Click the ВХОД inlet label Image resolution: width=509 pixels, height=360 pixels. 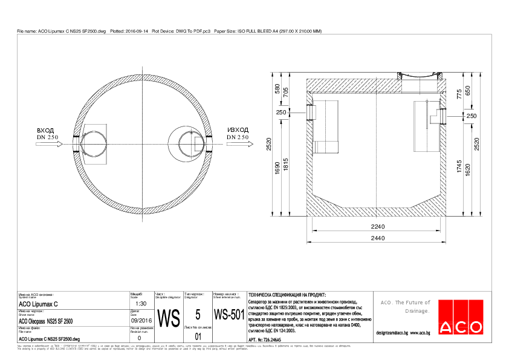coord(45,130)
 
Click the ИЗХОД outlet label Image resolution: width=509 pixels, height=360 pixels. coord(238,130)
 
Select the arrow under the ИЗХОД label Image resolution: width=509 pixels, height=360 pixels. coord(238,146)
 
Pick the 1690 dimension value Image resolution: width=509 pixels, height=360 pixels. coord(277,168)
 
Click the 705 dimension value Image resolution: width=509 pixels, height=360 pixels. coord(286,92)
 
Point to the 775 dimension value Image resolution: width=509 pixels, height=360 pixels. coord(459,93)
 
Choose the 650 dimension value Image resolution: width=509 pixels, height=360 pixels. coord(468,90)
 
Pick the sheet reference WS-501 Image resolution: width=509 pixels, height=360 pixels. coord(229,315)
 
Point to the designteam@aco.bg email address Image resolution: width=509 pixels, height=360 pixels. coord(392,333)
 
